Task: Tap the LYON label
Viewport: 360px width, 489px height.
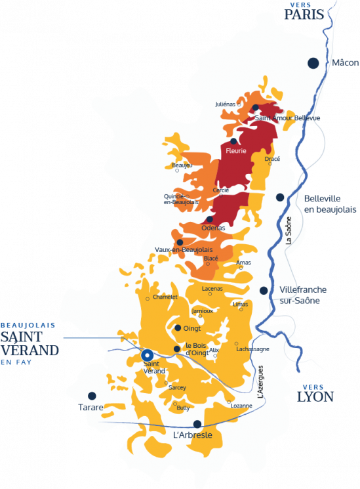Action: tap(315, 396)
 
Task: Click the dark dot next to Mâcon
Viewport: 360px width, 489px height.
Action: tap(313, 62)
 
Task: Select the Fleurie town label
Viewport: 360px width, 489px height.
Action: tap(235, 151)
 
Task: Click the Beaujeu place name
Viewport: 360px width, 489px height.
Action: tap(182, 165)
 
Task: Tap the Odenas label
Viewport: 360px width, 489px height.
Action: tap(213, 228)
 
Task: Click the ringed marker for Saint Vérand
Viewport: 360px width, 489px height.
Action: tap(148, 354)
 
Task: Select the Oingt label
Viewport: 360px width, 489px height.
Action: tap(192, 328)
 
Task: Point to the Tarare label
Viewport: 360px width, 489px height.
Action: tap(91, 408)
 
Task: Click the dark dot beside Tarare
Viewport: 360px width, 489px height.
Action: tap(92, 396)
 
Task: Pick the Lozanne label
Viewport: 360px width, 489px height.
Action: tap(241, 406)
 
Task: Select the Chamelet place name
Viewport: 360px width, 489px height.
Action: tap(165, 297)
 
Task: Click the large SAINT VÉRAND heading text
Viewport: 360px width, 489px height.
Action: tap(30, 344)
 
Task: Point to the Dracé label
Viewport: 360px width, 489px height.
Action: tap(272, 159)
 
